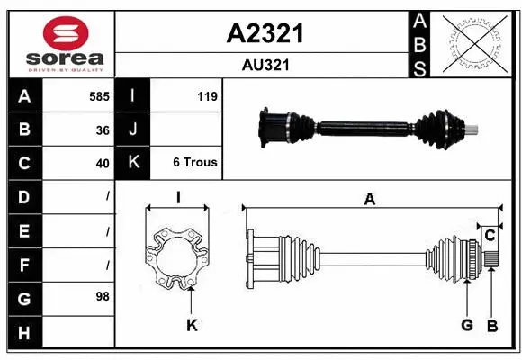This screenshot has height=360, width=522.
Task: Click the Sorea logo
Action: pyautogui.click(x=60, y=44)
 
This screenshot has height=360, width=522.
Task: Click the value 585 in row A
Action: pyautogui.click(x=99, y=96)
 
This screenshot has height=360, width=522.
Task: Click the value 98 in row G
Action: pyautogui.click(x=103, y=295)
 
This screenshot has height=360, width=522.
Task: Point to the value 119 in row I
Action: pyautogui.click(x=206, y=96)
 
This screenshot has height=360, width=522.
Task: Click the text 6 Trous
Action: pyautogui.click(x=194, y=164)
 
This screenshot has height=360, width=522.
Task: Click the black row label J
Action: pyautogui.click(x=133, y=130)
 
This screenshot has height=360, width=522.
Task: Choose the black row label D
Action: pyautogui.click(x=23, y=196)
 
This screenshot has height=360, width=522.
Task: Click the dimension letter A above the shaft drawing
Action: pyautogui.click(x=369, y=200)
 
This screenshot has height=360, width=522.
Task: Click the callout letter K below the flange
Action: pyautogui.click(x=191, y=326)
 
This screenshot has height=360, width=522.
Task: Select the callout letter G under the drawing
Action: pyautogui.click(x=467, y=325)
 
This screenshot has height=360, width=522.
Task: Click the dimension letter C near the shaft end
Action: pyautogui.click(x=490, y=236)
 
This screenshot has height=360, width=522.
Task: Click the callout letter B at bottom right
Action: pyautogui.click(x=492, y=325)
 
